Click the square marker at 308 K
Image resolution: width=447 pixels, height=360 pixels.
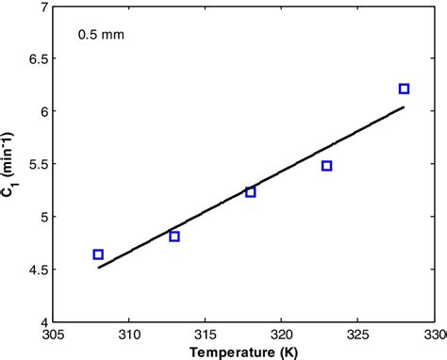tap(98, 254)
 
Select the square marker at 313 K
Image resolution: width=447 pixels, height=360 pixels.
tap(174, 237)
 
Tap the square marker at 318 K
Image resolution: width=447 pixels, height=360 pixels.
tap(251, 192)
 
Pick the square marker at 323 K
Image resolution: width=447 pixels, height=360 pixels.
tap(327, 166)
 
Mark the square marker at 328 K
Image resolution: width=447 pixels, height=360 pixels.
tap(404, 89)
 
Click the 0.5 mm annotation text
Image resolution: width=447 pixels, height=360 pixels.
tap(100, 36)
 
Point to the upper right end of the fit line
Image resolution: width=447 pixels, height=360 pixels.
tap(404, 107)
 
